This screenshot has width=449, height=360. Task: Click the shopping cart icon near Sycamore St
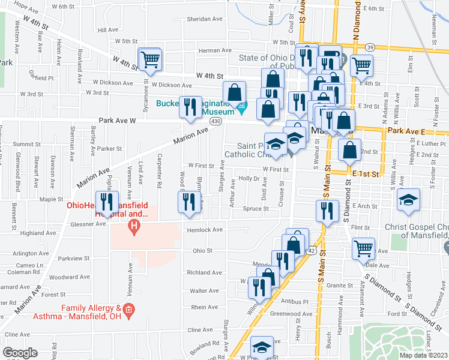click(149, 59)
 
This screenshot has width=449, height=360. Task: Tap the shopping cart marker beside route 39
click(362, 65)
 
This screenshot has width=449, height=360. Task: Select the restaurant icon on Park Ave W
click(191, 107)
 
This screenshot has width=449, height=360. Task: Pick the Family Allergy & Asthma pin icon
click(132, 310)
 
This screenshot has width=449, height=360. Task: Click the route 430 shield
click(215, 121)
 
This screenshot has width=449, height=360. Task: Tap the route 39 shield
click(370, 47)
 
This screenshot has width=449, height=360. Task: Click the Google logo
click(20, 352)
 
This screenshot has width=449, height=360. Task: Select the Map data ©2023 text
click(423, 355)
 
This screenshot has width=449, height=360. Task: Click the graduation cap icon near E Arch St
click(408, 199)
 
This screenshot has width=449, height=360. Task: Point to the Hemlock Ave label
click(205, 230)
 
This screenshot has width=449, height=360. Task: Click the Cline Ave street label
click(201, 329)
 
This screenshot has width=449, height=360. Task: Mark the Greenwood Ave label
click(292, 314)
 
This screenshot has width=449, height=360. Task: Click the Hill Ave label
click(108, 29)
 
